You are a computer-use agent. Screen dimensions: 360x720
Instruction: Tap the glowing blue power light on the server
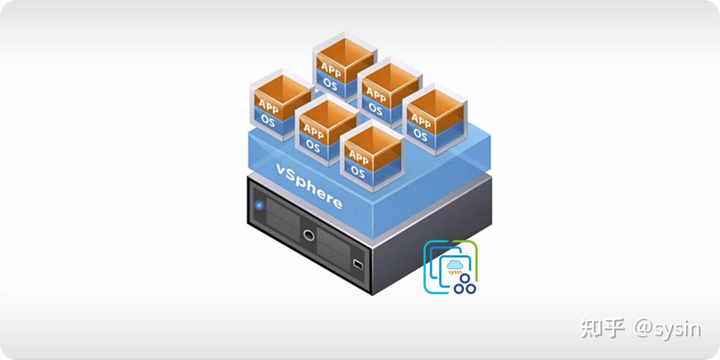tap(259, 205)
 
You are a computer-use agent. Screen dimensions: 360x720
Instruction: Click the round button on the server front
tap(308, 235)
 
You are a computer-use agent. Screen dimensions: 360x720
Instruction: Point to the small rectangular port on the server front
tap(358, 263)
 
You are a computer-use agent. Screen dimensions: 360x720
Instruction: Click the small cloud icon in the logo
tap(454, 264)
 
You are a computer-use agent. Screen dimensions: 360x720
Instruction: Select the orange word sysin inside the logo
tap(454, 272)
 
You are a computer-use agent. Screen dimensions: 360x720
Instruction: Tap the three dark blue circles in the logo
tap(465, 284)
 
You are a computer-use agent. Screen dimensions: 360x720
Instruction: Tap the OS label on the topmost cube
tap(330, 84)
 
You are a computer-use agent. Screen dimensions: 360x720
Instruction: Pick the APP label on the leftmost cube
tap(269, 106)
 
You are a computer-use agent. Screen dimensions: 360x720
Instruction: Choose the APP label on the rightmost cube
tap(421, 119)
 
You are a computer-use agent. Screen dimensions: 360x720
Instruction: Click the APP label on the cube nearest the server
tap(358, 156)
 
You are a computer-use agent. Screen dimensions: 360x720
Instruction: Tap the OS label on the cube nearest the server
tap(358, 172)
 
